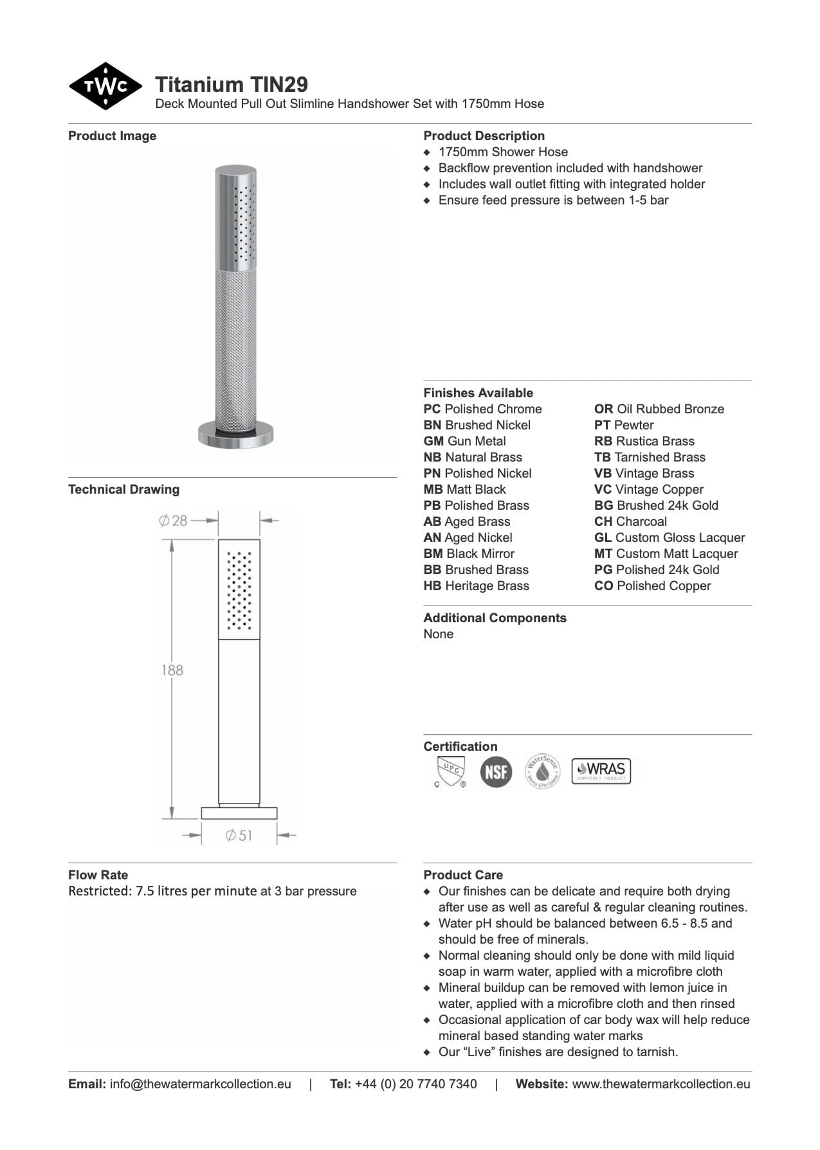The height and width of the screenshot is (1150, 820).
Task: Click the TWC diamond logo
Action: tap(105, 86)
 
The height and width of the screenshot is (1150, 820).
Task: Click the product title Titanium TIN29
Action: tap(231, 84)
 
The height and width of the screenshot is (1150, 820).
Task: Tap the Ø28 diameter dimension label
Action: tap(173, 521)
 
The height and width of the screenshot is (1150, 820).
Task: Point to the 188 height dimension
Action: tap(172, 670)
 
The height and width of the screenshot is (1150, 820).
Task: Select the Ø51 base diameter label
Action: tap(239, 836)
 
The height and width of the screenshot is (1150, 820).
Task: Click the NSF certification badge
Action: tap(496, 771)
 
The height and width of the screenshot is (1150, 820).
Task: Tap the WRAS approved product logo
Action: tap(601, 771)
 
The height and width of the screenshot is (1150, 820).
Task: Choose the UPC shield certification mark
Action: tap(450, 771)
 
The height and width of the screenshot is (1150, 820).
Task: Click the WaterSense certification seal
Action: tap(543, 771)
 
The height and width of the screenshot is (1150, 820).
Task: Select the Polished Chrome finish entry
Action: tap(482, 409)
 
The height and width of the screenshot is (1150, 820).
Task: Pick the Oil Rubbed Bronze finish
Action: tap(659, 409)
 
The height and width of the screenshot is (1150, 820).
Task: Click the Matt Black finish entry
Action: tap(464, 490)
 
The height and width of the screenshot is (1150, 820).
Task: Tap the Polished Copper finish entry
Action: tap(652, 586)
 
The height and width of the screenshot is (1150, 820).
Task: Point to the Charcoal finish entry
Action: tap(630, 522)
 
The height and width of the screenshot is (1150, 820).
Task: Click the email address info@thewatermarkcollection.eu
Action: tap(200, 1084)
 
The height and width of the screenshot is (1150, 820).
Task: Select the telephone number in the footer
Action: tap(415, 1084)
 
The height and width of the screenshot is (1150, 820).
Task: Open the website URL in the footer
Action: tap(661, 1084)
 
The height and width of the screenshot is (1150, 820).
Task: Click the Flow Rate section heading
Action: tap(98, 875)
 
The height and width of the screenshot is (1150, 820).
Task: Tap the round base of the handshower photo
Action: tap(235, 435)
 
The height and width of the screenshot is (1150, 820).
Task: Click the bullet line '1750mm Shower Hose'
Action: tap(503, 152)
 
